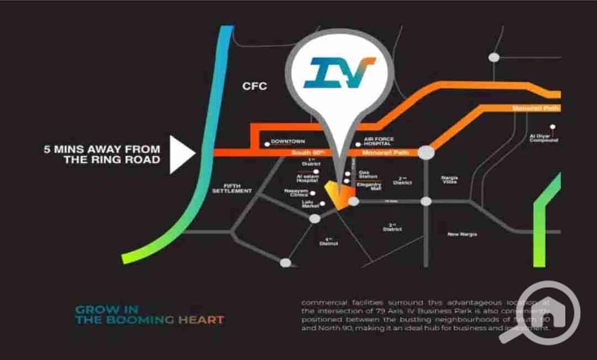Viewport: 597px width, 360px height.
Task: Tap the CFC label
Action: [x=254, y=87]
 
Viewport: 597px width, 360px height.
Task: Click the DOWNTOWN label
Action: [x=289, y=142]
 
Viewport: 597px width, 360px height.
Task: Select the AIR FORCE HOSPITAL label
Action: [x=378, y=142]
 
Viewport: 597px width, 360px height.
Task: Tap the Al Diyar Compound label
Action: [x=543, y=138]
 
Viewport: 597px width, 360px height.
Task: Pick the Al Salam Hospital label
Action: [x=306, y=178]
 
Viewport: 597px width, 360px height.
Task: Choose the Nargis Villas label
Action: [x=449, y=179]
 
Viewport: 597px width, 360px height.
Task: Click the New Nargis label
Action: [x=462, y=234]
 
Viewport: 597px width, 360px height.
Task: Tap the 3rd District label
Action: [x=391, y=228]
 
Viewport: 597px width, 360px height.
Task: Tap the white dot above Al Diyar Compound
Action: [x=551, y=127]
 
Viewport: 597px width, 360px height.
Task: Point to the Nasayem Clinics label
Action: [x=296, y=192]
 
